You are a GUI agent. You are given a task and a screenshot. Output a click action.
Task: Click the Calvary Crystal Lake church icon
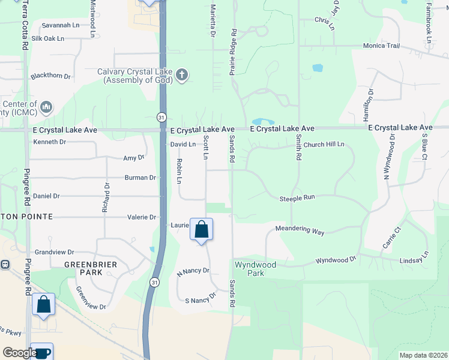pos(182,76)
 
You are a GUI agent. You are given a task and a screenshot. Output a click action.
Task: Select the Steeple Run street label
pos(297,198)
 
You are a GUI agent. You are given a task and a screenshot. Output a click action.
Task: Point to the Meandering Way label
pos(300,230)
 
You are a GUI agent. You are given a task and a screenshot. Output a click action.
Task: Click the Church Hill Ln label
pos(324,145)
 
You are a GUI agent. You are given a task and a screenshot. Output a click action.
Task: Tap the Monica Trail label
pos(381,46)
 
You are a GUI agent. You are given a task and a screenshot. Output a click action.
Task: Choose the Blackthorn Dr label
pos(50,76)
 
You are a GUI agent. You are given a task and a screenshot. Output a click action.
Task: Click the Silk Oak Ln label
pos(60,38)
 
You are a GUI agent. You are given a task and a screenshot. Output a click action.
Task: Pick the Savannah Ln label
pos(60,25)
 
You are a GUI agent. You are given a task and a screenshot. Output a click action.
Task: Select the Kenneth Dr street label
pos(49,142)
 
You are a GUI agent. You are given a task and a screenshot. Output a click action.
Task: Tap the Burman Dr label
pos(140,178)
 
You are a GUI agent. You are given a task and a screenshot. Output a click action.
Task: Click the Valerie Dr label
pos(142,217)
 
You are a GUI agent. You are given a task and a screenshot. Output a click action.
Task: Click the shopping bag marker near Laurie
pos(201,229)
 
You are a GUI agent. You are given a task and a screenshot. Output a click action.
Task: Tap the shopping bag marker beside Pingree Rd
pos(43,304)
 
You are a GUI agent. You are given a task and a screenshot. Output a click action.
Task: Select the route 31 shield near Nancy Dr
pos(155,282)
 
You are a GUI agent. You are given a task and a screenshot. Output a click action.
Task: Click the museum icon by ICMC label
pos(46,107)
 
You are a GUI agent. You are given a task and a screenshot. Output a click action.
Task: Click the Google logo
pos(19,353)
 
